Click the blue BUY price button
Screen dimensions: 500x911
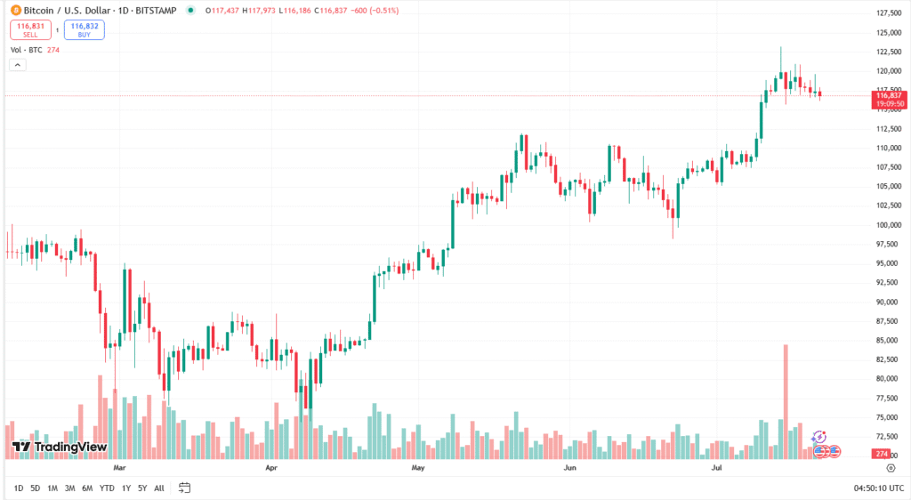tap(84, 29)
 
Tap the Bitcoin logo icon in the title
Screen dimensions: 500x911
tap(15, 11)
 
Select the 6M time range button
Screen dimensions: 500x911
tap(87, 488)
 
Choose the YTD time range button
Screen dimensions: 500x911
tap(107, 488)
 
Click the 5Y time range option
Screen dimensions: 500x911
tap(142, 488)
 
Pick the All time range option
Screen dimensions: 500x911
tap(159, 488)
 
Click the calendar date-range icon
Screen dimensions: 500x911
tap(185, 488)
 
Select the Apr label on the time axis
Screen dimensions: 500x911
tap(272, 466)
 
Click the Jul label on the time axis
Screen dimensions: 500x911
tap(716, 466)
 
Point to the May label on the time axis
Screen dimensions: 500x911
tap(418, 466)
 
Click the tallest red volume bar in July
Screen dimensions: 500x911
tap(786, 400)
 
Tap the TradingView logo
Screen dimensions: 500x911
tap(60, 447)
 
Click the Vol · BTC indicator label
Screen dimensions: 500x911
tap(27, 50)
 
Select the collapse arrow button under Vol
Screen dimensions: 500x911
tap(18, 65)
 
